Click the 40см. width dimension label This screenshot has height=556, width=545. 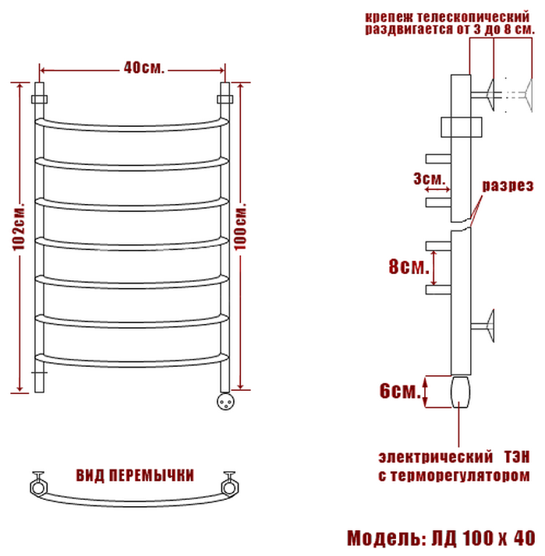143,69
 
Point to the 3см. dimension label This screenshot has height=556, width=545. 430,179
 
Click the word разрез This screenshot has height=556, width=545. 507,186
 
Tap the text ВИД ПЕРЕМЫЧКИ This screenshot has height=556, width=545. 135,475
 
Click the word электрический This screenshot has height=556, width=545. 427,456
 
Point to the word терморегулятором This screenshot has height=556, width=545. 467,475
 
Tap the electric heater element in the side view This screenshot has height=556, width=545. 460,391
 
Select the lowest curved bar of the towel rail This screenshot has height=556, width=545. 133,357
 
